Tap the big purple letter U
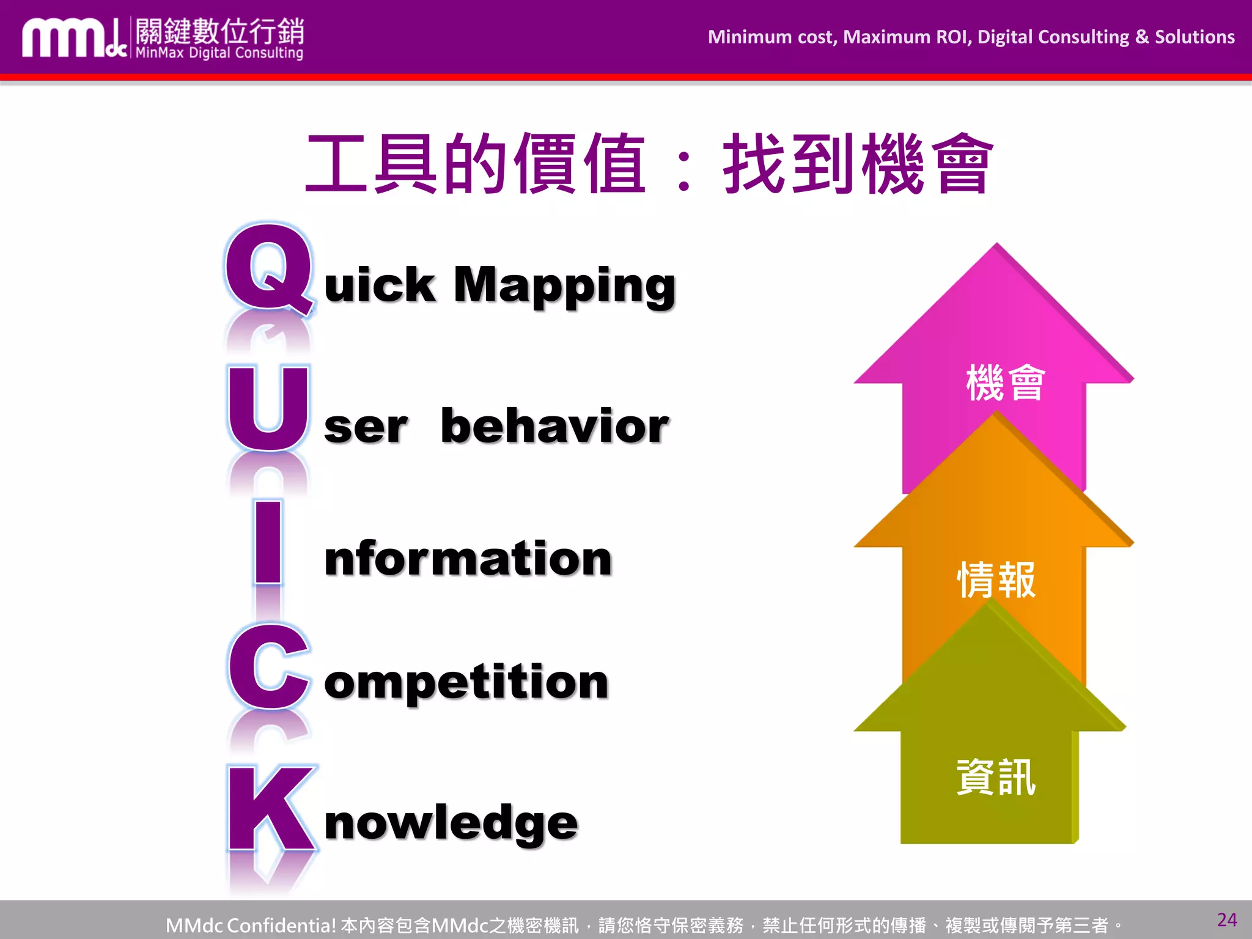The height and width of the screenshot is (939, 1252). point(268,408)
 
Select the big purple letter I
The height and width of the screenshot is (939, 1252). point(268,541)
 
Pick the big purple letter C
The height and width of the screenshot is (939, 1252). point(268,668)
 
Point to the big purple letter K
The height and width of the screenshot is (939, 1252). point(271,808)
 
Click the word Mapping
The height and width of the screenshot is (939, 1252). point(564,286)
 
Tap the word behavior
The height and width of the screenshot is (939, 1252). point(554,426)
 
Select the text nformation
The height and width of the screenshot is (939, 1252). point(468,558)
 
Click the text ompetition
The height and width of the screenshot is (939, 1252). point(466,682)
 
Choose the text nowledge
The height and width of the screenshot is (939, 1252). point(451,823)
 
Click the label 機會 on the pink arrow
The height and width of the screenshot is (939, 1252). point(1006,383)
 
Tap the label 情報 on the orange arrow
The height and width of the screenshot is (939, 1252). point(996,580)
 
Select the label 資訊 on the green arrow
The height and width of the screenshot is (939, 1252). point(996,778)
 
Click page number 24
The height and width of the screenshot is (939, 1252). point(1226,920)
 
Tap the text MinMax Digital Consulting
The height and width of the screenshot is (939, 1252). point(219,53)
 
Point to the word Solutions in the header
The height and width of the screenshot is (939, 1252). point(1195,37)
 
